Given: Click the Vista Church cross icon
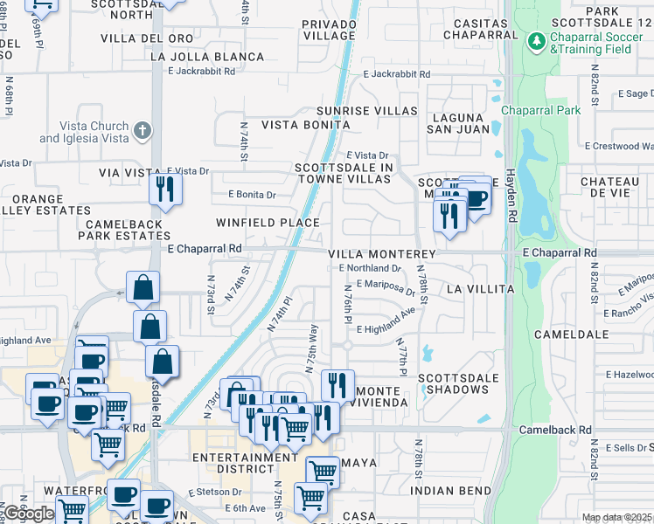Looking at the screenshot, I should (143, 131).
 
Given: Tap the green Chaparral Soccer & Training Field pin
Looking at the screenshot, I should (536, 40).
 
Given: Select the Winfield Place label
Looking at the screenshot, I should (268, 223).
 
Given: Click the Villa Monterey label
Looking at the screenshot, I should (381, 253).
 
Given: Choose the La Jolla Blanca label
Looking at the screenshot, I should (207, 57).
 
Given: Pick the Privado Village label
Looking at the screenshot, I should (328, 30).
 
